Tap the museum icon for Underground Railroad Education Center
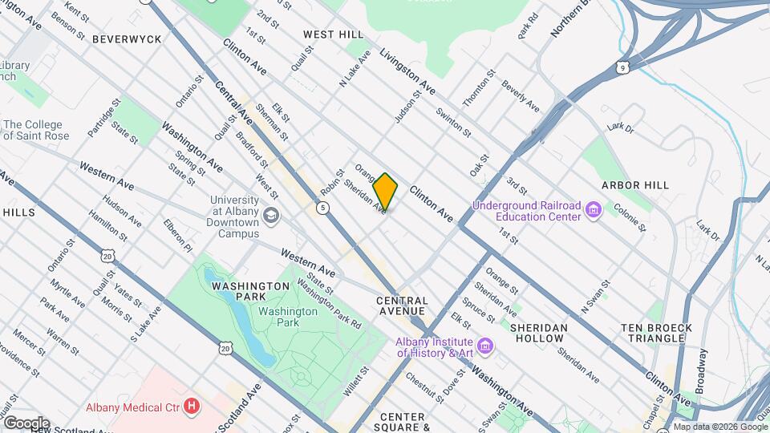click(x=594, y=211)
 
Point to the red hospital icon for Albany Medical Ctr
click(x=191, y=406)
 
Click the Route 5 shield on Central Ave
click(x=322, y=208)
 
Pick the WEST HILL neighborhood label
click(x=333, y=34)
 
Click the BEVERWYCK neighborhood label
click(x=126, y=38)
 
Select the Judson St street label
click(x=407, y=107)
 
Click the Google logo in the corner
click(x=26, y=423)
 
